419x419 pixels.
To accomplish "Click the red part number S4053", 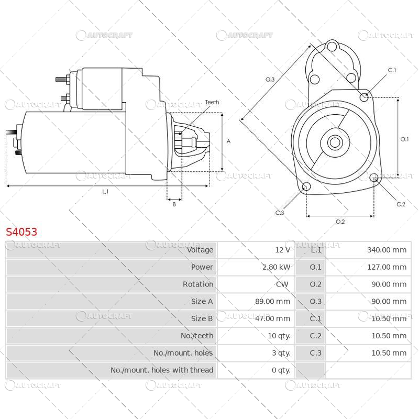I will pos(21,232).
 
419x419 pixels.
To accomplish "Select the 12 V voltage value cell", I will pos(283,250).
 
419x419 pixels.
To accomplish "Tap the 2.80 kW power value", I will pos(276,267).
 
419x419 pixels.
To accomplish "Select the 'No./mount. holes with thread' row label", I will pos(162,370).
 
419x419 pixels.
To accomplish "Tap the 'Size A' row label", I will pos(202,302).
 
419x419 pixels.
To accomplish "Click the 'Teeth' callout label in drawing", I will pos(212,102).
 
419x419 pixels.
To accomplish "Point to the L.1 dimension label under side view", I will pos(105,192).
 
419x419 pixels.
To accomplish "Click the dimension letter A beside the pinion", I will pos(228,141).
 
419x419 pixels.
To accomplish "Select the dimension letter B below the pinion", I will pos(174,204).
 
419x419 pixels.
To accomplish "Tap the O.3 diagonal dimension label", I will pos(270,79).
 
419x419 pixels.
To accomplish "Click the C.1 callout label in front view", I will pos(392,70).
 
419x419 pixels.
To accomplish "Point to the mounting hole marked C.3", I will pos(307,188).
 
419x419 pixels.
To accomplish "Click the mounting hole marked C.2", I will pos(374,179).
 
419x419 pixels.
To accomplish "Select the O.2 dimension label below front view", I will pos(340,222).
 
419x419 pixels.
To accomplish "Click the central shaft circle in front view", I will pos(335,142).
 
